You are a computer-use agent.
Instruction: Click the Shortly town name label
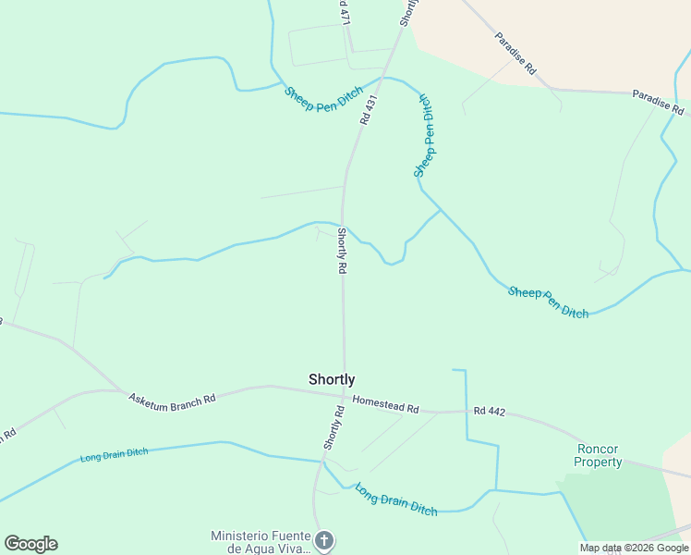pyautogui.click(x=332, y=379)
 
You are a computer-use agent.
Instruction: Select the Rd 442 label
pyautogui.click(x=491, y=410)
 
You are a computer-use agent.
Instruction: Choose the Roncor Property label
pyautogui.click(x=598, y=455)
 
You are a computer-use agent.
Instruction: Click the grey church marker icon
pyautogui.click(x=323, y=539)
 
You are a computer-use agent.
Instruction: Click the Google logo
pyautogui.click(x=30, y=544)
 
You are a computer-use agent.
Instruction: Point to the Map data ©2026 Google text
pyautogui.click(x=633, y=548)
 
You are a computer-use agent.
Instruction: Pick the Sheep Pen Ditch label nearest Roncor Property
pyautogui.click(x=548, y=302)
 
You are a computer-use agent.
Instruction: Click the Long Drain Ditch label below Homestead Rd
pyautogui.click(x=396, y=500)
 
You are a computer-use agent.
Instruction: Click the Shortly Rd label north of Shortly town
pyautogui.click(x=342, y=251)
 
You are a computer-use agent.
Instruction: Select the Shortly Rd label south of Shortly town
pyautogui.click(x=333, y=427)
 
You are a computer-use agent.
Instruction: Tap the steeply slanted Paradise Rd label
pyautogui.click(x=515, y=53)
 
